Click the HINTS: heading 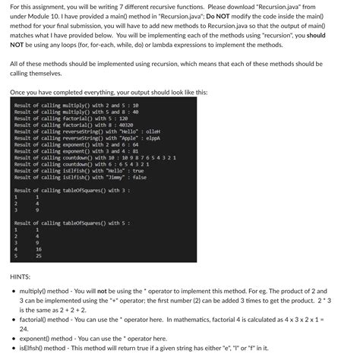[x=21, y=276]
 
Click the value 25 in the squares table [x=38, y=256]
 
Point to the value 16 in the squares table [x=38, y=248]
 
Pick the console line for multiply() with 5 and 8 [x=76, y=112]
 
